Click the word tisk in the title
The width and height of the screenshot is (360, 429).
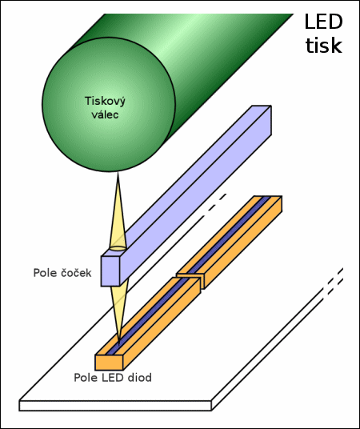(324, 45)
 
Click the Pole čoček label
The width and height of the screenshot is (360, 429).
(62, 274)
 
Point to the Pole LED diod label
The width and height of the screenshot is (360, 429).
(112, 377)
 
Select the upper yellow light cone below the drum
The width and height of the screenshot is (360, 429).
(117, 216)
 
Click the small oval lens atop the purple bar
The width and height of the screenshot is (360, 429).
(118, 250)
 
